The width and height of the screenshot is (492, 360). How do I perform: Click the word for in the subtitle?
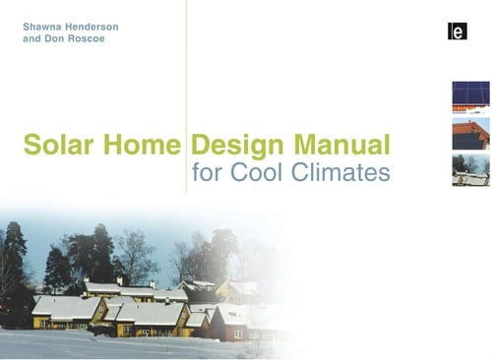[x=208, y=175]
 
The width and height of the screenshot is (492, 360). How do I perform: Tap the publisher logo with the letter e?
[x=456, y=32]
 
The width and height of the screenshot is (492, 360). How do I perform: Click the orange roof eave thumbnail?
[x=470, y=134]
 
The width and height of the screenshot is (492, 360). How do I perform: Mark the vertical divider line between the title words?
[x=186, y=98]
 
